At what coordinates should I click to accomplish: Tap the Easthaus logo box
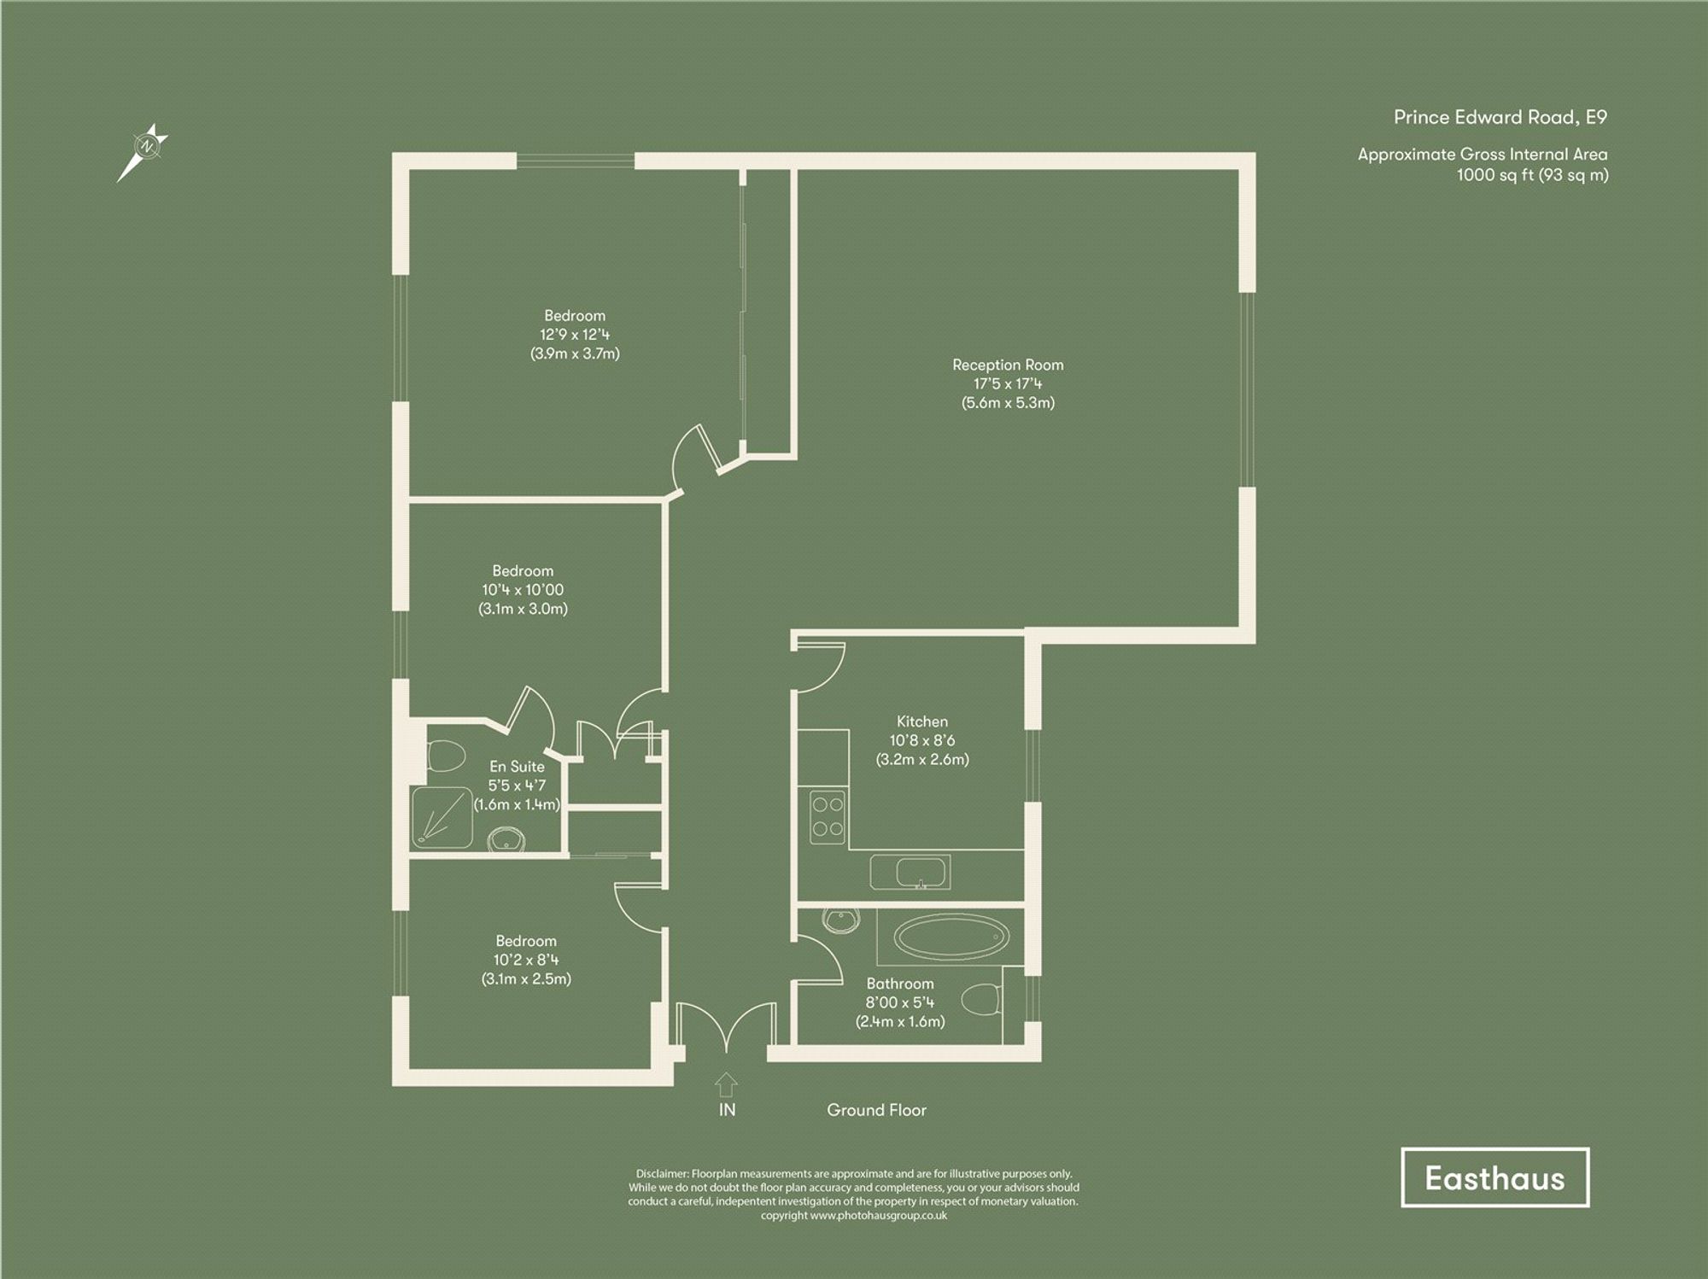[x=1494, y=1177]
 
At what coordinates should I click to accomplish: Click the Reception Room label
[x=1008, y=365]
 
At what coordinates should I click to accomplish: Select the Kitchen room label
[x=921, y=721]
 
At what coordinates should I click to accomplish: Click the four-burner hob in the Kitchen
[x=827, y=816]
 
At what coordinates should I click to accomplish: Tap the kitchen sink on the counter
[x=920, y=873]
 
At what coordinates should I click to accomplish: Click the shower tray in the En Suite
[x=442, y=817]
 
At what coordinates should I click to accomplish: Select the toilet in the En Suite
[x=444, y=756]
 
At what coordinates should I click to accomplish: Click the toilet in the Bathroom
[x=981, y=998]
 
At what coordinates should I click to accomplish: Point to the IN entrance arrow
[x=726, y=1084]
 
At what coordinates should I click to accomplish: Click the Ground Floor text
[x=876, y=1110]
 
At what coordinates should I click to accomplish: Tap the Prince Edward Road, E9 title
[x=1500, y=117]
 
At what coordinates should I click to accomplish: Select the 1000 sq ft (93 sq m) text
[x=1532, y=175]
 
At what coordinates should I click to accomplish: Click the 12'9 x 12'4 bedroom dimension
[x=575, y=335]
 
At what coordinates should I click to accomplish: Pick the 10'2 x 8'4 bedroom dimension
[x=526, y=960]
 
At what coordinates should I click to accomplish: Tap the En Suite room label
[x=517, y=767]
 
